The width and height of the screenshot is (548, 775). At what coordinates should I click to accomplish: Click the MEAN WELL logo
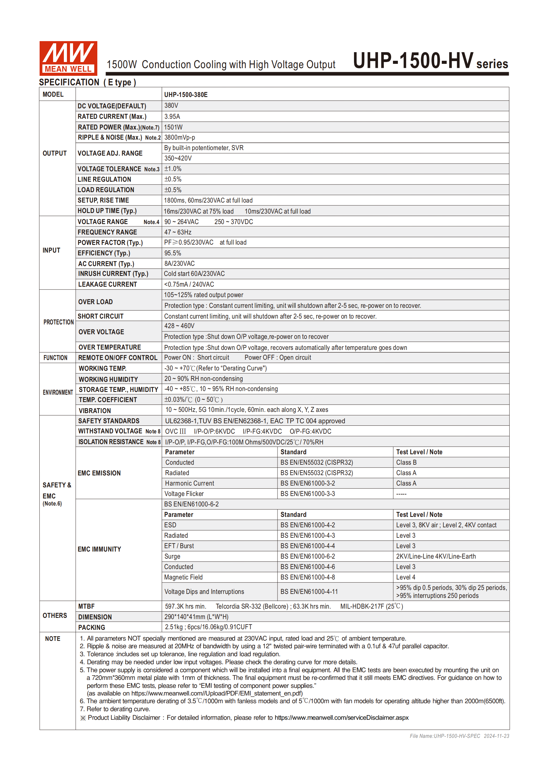click(68, 58)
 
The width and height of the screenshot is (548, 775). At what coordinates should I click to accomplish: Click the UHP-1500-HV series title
click(430, 61)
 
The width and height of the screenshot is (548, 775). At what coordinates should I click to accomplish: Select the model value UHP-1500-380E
click(186, 95)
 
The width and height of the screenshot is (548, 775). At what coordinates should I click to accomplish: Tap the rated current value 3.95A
click(172, 116)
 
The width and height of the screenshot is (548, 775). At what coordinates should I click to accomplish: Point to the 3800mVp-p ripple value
click(180, 138)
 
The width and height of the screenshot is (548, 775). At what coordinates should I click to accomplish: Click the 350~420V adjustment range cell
click(178, 158)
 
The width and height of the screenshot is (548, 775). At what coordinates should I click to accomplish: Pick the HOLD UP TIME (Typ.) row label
click(107, 211)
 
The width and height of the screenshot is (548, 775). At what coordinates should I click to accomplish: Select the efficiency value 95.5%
click(173, 253)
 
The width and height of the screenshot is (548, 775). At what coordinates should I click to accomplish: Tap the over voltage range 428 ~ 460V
click(179, 326)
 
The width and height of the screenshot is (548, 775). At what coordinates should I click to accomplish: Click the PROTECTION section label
click(58, 322)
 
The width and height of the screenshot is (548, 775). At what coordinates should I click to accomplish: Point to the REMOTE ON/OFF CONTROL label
click(118, 358)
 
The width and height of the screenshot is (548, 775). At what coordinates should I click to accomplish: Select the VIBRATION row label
click(95, 410)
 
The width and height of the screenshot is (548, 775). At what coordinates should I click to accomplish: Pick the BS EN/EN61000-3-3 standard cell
click(308, 494)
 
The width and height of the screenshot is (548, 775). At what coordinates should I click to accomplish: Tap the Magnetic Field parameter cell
click(183, 577)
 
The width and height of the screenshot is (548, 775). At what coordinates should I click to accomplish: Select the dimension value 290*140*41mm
click(196, 617)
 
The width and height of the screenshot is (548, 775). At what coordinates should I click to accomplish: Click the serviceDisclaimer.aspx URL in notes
click(341, 717)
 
